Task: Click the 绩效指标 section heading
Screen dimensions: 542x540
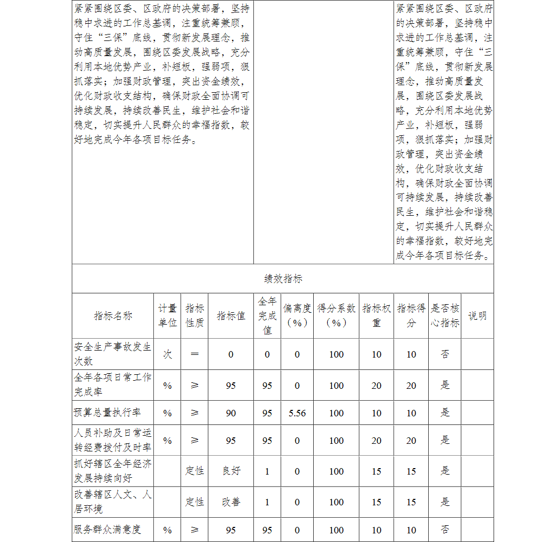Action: click(283, 279)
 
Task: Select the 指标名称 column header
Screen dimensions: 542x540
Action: click(113, 316)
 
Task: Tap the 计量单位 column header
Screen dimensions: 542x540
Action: click(167, 315)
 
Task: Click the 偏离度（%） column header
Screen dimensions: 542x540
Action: click(297, 315)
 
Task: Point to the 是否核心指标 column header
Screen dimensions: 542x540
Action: click(445, 315)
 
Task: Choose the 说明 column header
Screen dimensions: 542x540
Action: click(477, 315)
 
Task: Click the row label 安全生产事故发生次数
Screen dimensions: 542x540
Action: click(113, 354)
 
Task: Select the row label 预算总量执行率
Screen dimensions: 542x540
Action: click(107, 413)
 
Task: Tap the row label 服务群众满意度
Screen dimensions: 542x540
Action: click(107, 530)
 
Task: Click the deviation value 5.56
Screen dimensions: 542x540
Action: click(297, 413)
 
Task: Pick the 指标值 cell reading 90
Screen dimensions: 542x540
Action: click(231, 413)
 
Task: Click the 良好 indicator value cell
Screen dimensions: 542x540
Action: click(231, 471)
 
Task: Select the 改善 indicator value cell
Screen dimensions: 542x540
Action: click(231, 502)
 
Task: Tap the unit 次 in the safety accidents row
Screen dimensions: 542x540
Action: click(167, 354)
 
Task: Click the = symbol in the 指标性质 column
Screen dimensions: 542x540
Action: click(194, 354)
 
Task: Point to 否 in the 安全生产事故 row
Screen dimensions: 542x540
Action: click(445, 354)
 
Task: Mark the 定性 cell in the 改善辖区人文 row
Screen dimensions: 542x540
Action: click(194, 502)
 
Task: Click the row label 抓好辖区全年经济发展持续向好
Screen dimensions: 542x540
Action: click(113, 471)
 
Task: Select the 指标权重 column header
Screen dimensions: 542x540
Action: click(376, 315)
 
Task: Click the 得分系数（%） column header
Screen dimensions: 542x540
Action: click(336, 315)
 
